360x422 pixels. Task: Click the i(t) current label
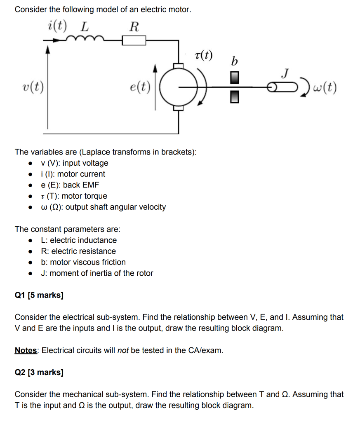pyautogui.click(x=57, y=26)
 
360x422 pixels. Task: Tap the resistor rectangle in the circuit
pyautogui.click(x=134, y=40)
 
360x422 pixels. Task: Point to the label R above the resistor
pyautogui.click(x=134, y=27)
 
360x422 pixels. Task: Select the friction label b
pyautogui.click(x=235, y=62)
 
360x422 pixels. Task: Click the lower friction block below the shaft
pyautogui.click(x=234, y=97)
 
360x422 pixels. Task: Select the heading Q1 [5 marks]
pyautogui.click(x=39, y=295)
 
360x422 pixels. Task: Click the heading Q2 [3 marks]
pyautogui.click(x=39, y=373)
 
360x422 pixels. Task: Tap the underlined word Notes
pyautogui.click(x=26, y=351)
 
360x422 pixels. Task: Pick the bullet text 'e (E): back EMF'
pyautogui.click(x=70, y=185)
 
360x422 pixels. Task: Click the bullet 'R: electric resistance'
pyautogui.click(x=78, y=251)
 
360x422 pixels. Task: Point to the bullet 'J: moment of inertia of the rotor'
pyautogui.click(x=97, y=273)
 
